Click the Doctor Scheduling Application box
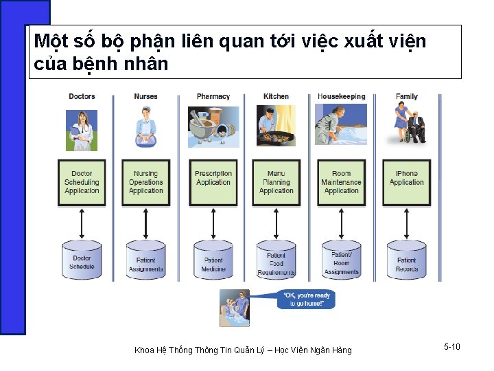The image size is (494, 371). (82, 183)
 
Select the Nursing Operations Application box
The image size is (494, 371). (146, 183)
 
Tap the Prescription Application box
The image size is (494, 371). (213, 183)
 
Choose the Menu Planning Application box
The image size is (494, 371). (277, 183)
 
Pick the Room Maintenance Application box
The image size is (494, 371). (341, 183)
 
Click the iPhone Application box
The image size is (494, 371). (407, 183)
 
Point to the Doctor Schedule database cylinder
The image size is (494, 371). (82, 261)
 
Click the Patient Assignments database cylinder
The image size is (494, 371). (146, 261)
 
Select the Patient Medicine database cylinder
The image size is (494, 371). (213, 261)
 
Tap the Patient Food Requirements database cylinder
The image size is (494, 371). (277, 261)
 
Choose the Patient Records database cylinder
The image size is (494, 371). (407, 261)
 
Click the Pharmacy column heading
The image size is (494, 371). (213, 97)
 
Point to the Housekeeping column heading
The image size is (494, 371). (341, 97)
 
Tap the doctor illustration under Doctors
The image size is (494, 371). (82, 129)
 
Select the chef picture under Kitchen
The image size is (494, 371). (277, 128)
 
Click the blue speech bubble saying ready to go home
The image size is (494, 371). (306, 299)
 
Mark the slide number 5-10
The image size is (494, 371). (451, 347)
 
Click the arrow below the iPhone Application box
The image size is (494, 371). (407, 223)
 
